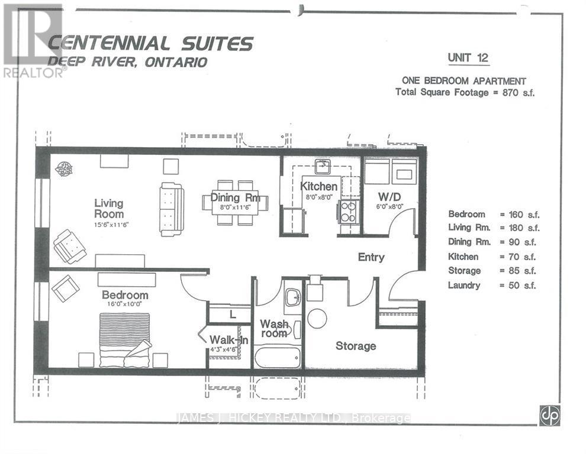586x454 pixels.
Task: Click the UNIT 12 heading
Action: [x=468, y=58]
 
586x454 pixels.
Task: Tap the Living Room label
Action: [x=109, y=209]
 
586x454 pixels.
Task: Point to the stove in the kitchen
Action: [x=349, y=212]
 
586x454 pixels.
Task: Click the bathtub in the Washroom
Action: [x=277, y=358]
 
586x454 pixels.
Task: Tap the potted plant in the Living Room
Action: [x=64, y=170]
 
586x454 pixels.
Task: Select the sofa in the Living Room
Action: [x=172, y=209]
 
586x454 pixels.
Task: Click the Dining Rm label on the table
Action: [x=235, y=197]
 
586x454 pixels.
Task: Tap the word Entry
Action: [x=371, y=257]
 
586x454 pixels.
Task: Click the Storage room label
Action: [x=356, y=346]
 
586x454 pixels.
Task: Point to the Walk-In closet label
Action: [x=228, y=340]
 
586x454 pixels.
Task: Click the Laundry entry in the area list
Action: [x=464, y=286]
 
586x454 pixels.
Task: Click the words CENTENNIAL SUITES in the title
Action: [x=151, y=43]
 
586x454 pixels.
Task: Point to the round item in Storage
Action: [x=317, y=319]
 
